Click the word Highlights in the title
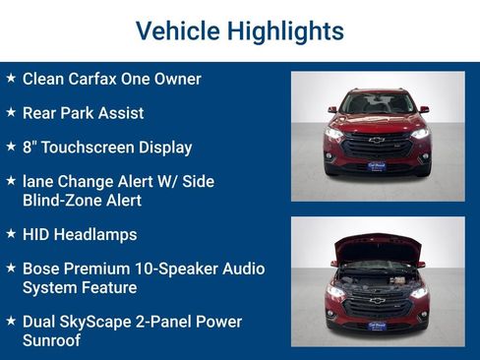285,30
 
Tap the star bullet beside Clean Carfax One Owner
11,77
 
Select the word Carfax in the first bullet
100,79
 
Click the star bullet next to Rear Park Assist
11,111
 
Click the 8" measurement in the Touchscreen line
30,148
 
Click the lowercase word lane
38,182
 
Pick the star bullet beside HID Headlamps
11,233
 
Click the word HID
38,235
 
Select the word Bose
42,269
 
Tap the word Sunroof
51,340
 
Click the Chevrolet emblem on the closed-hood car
377,141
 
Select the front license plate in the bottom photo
377,323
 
